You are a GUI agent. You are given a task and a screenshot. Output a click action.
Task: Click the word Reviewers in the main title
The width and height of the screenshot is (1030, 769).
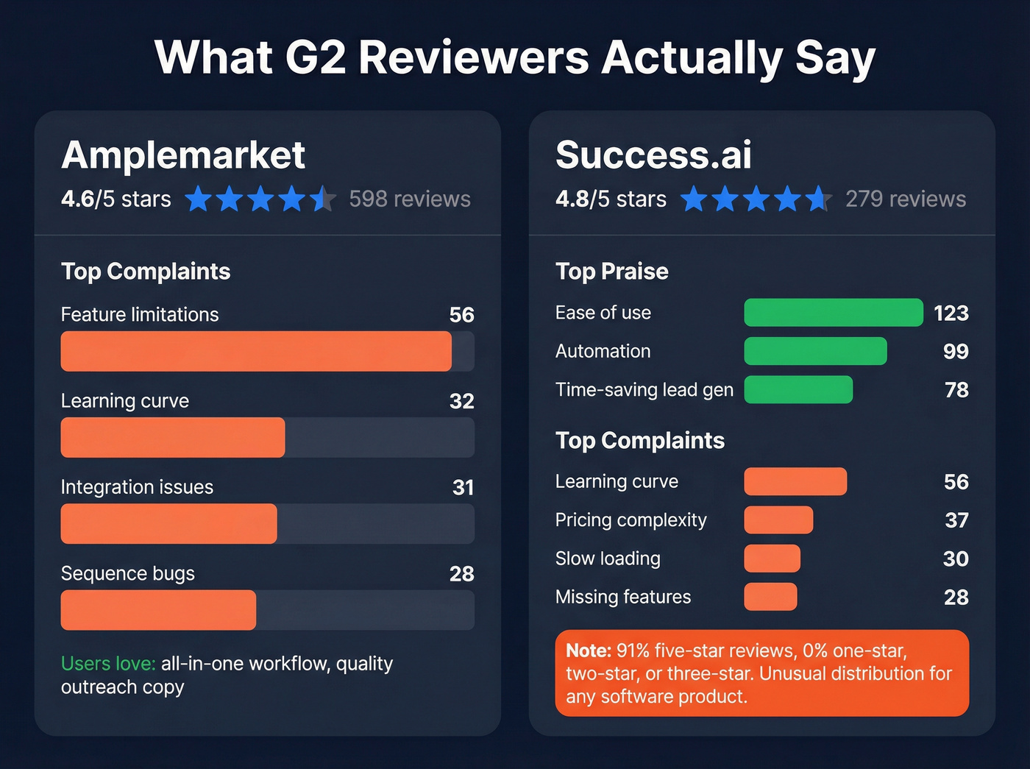point(473,57)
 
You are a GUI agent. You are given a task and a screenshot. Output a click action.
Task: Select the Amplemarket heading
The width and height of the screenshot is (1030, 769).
point(183,155)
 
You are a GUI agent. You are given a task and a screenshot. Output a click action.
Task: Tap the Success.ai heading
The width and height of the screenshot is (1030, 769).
point(653,155)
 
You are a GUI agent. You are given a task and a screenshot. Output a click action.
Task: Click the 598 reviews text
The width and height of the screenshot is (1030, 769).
point(410,199)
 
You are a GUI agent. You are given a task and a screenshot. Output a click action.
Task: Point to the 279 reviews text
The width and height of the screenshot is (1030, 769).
point(905,199)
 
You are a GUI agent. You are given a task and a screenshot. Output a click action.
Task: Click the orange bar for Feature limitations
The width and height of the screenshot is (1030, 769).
point(255,351)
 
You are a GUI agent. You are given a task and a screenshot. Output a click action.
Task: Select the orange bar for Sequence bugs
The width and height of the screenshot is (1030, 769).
point(158,610)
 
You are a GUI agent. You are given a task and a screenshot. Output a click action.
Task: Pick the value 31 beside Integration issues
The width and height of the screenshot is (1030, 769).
point(463,487)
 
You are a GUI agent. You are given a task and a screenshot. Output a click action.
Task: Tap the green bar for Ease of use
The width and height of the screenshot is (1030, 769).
point(833,313)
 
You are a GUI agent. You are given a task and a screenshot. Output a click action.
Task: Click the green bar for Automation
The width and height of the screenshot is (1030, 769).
point(815,351)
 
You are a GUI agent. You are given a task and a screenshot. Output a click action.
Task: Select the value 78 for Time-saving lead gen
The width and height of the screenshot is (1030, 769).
point(956,390)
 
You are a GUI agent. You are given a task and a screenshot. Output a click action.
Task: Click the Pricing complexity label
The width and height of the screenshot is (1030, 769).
point(631,520)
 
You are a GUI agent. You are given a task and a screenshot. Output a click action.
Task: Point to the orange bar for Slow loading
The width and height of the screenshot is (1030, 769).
point(772,559)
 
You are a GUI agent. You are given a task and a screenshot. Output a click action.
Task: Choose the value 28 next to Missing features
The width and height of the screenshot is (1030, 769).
point(956,598)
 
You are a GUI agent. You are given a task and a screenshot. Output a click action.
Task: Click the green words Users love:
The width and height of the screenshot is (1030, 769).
point(108,664)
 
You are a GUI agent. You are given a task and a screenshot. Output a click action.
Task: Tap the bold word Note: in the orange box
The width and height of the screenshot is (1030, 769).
point(589,651)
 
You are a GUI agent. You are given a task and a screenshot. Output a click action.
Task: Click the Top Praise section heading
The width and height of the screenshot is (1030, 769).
point(611,272)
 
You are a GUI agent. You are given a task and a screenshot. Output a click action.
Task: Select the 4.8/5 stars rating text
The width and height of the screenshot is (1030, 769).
point(611,199)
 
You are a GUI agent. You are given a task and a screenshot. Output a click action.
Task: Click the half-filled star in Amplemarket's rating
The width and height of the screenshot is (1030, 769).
point(322,199)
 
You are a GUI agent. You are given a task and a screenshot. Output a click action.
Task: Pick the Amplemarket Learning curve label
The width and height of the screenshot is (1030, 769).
point(124,401)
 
